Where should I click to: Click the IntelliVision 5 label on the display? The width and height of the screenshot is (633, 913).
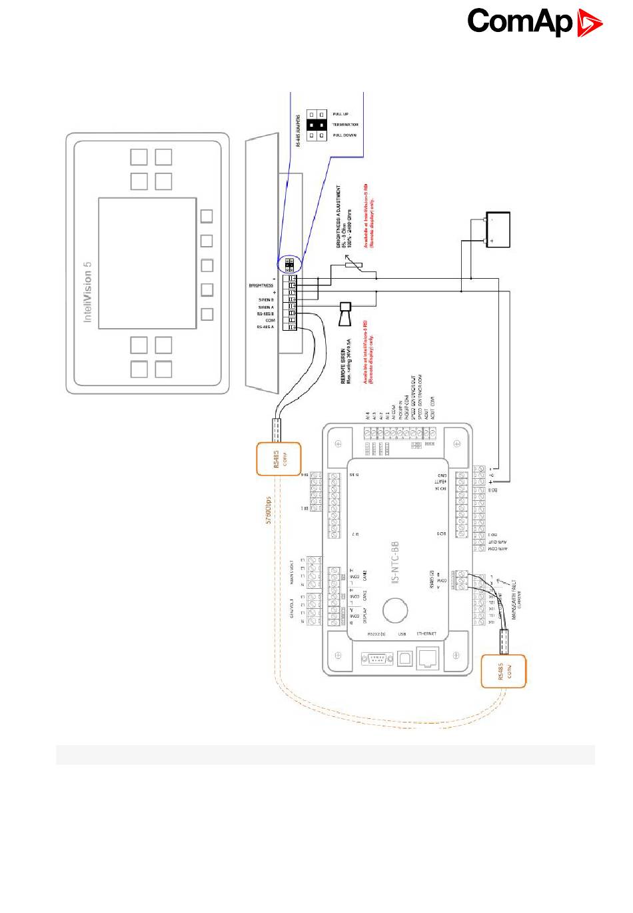point(88,289)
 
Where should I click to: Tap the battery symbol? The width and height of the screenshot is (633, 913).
point(498,230)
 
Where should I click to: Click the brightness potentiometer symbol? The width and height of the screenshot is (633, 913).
point(350,266)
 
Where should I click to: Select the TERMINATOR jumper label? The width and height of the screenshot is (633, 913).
point(345,125)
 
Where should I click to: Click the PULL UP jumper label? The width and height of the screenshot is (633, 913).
point(340,114)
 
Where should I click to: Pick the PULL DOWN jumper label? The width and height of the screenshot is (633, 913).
point(344,135)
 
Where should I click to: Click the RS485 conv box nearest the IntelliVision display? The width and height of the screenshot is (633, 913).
point(279,459)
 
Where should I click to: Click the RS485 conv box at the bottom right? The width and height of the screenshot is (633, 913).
point(503,672)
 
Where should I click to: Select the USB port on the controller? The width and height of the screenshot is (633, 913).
point(402,659)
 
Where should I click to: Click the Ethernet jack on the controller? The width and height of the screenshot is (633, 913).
point(426,659)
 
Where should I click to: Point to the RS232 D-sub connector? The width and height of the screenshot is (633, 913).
point(376,659)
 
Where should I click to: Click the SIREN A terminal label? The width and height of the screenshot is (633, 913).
point(266,307)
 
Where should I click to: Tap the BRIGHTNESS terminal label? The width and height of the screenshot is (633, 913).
point(261,285)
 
